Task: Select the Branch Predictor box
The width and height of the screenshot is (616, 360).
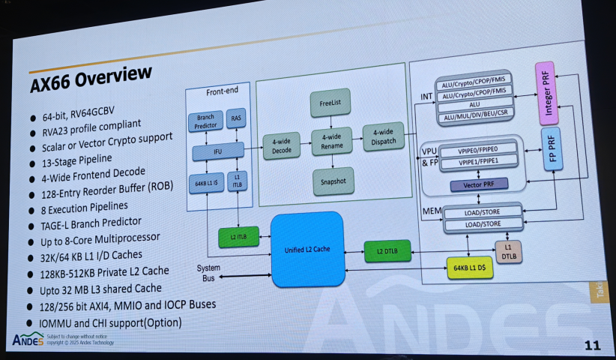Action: point(205,121)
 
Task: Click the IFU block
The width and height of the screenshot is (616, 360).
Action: point(217,151)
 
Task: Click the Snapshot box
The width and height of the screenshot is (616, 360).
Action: point(331,181)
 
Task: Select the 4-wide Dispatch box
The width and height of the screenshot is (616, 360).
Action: point(382,137)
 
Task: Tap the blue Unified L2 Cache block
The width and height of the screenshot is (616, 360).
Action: point(307,249)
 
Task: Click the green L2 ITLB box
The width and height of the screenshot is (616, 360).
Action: point(238,237)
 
